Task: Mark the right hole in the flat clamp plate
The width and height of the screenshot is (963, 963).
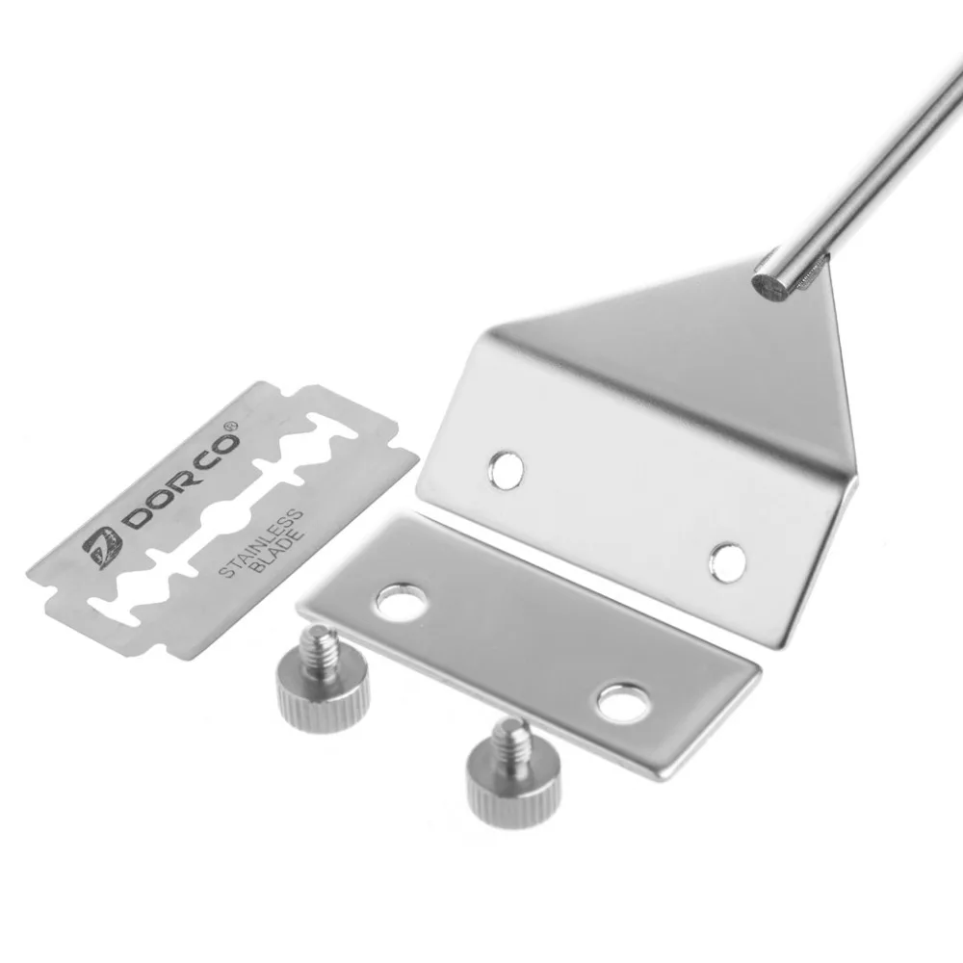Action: [x=619, y=701]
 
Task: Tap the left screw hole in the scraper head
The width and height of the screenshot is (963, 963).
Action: [x=506, y=469]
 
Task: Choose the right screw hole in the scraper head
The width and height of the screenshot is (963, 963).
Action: [x=728, y=560]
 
